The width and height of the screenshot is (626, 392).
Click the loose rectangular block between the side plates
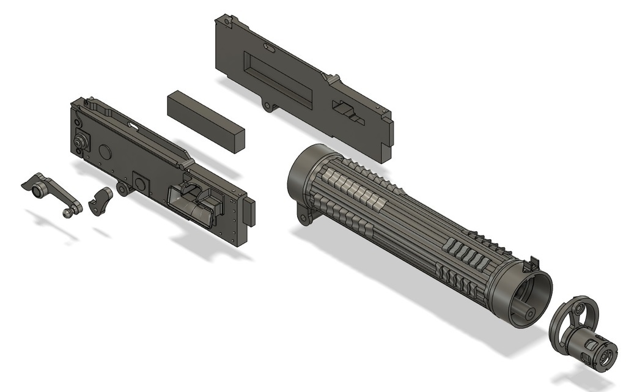[x=205, y=120]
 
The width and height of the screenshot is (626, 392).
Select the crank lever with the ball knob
[x=51, y=193]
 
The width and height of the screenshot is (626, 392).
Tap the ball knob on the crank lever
[x=67, y=213]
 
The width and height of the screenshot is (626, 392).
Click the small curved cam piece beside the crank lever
[x=101, y=202]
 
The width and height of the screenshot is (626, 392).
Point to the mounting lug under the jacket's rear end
[x=304, y=213]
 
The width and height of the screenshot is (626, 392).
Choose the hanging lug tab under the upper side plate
[x=268, y=106]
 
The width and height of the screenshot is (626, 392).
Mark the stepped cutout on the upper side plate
[x=347, y=112]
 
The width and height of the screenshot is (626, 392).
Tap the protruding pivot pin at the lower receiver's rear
[x=79, y=141]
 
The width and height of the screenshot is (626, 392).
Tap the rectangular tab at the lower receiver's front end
[x=249, y=212]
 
